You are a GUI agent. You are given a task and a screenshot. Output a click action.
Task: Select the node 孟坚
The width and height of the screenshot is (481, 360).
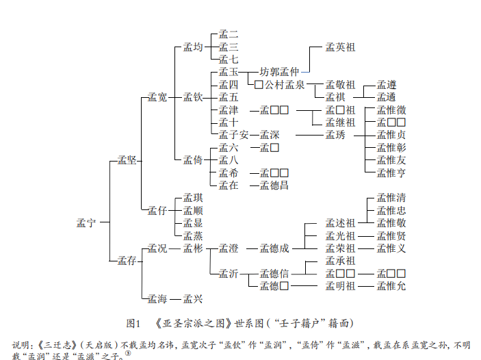[127, 160]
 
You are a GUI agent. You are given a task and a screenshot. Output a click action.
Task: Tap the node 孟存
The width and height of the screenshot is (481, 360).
[127, 260]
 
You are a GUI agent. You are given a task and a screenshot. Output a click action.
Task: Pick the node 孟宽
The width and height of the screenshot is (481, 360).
[157, 98]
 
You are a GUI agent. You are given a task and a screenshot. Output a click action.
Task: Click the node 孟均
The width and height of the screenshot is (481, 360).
[193, 47]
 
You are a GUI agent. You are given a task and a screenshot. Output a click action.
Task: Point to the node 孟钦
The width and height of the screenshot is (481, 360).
[193, 98]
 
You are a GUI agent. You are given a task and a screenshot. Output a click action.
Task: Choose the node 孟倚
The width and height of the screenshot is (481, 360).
[193, 160]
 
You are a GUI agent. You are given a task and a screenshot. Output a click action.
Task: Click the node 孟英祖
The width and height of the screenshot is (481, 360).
[340, 47]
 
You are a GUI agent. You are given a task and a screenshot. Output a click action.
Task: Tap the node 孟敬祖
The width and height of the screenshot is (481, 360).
[340, 85]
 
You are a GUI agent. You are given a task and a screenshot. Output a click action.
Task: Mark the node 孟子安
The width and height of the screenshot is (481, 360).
[233, 135]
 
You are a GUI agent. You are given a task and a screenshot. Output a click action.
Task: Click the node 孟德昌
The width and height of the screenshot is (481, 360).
[274, 185]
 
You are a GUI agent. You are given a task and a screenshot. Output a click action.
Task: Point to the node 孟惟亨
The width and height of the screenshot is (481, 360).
[391, 172]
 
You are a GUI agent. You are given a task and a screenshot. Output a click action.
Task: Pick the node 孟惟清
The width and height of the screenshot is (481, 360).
[391, 198]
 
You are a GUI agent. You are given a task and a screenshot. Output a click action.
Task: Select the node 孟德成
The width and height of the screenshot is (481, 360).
[274, 248]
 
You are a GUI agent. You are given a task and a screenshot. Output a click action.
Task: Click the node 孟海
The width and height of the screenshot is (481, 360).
[157, 298]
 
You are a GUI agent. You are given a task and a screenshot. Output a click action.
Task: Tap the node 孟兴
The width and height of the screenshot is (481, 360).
[193, 298]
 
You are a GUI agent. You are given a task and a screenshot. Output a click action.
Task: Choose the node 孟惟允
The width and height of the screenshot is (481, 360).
[391, 285]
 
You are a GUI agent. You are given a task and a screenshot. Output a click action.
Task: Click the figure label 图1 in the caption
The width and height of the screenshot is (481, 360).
[133, 322]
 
